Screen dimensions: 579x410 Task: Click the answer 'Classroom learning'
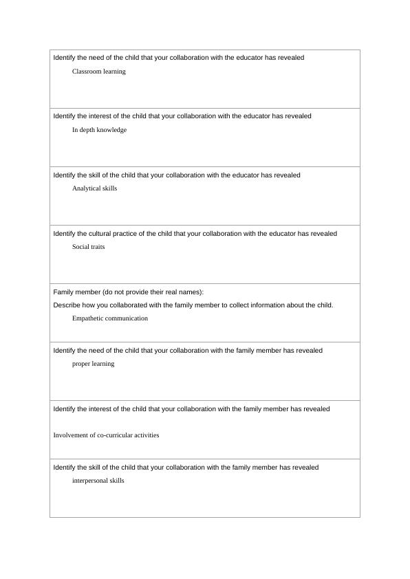coord(98,72)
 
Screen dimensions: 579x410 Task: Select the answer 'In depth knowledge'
coord(99,130)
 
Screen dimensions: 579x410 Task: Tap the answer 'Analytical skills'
coord(94,188)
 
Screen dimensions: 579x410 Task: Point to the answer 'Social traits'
coord(88,247)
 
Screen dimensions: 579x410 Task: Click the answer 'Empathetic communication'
coord(109,318)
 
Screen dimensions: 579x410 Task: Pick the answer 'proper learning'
coord(93,364)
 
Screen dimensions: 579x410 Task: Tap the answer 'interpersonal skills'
coord(98,481)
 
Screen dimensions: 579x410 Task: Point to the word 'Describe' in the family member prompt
coord(67,305)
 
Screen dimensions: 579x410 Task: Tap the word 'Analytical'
coord(86,188)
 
